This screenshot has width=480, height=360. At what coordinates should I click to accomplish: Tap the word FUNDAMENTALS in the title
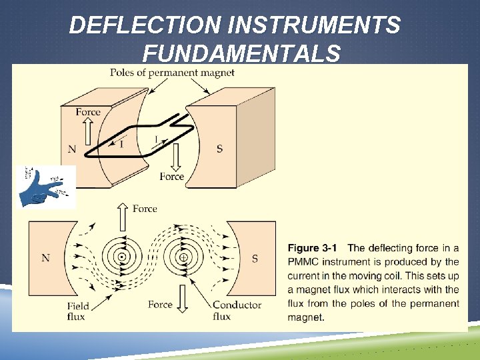pyautogui.click(x=241, y=53)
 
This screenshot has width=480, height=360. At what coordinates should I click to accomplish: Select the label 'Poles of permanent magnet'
pyautogui.click(x=172, y=73)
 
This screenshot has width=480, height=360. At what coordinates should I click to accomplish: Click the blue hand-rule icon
pyautogui.click(x=45, y=187)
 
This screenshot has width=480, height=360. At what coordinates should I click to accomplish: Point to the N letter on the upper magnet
pyautogui.click(x=71, y=148)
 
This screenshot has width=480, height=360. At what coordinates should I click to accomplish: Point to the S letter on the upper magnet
pyautogui.click(x=220, y=148)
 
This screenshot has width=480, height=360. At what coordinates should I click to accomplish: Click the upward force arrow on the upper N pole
pyautogui.click(x=88, y=130)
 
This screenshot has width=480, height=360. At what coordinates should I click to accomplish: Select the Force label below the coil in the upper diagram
pyautogui.click(x=172, y=177)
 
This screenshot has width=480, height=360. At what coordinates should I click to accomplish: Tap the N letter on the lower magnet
pyautogui.click(x=45, y=258)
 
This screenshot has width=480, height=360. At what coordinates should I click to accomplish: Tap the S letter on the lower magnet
pyautogui.click(x=255, y=258)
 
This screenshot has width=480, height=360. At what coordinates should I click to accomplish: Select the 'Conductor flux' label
pyautogui.click(x=237, y=311)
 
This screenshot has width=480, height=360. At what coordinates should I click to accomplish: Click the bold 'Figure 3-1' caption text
pyautogui.click(x=314, y=248)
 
